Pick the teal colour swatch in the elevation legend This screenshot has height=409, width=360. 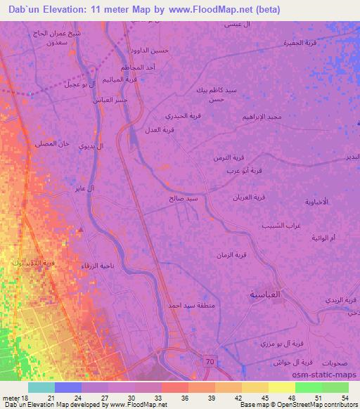tap(41, 387)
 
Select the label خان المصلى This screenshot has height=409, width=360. tap(53, 143)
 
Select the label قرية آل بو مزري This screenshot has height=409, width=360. tap(289, 342)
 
